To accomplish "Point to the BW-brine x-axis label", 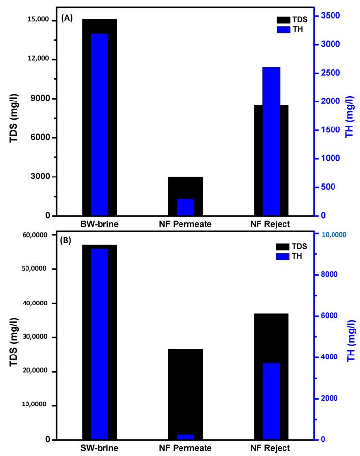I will coord(100,224).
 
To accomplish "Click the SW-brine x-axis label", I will coord(100,448).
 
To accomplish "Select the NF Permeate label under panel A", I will coord(185,224).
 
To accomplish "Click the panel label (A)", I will coord(67,18).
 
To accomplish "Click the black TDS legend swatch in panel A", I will coord(283,20).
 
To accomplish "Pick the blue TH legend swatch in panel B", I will coord(283,256).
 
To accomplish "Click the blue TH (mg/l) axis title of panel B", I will coord(351,341).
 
